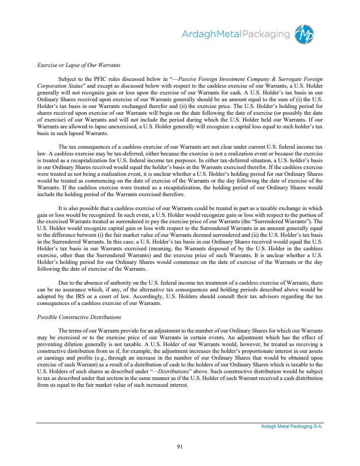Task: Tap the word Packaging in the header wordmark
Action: pos(266,34)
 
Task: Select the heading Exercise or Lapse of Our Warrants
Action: pos(78,65)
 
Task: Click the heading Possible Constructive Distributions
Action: pos(79,317)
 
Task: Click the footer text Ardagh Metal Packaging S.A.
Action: pos(291,427)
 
